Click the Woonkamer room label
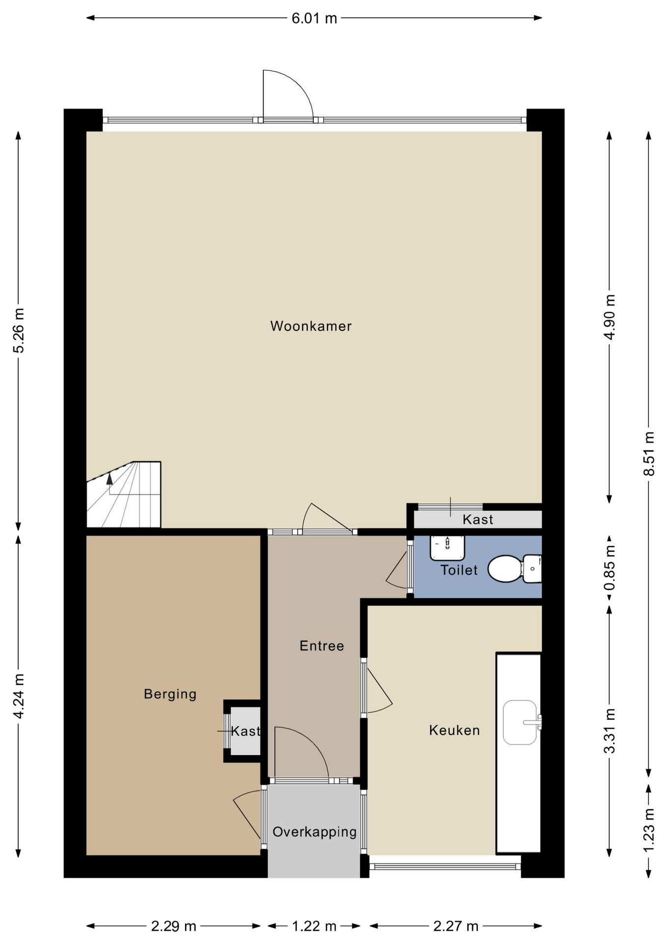[311, 326]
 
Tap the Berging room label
[170, 694]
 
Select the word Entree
[322, 646]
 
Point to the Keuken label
[454, 730]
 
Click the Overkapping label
[314, 832]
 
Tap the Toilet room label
[459, 570]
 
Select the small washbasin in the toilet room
[447, 548]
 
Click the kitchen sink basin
[520, 722]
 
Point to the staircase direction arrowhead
[110, 478]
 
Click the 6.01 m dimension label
[314, 18]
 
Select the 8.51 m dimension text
[649, 453]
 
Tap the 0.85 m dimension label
[610, 568]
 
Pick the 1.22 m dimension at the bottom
[314, 927]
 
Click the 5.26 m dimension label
[19, 330]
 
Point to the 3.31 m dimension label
[610, 731]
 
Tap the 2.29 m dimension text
[173, 927]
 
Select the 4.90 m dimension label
[610, 317]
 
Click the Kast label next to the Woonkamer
[478, 519]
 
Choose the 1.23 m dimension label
[649, 830]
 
